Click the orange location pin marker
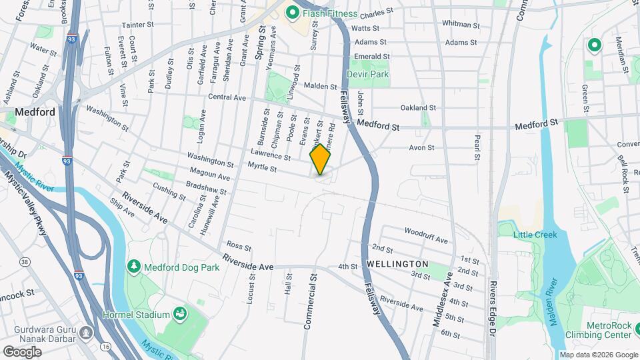(321, 159)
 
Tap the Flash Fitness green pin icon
(291, 13)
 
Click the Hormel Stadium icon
(179, 313)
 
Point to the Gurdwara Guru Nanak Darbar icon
(86, 331)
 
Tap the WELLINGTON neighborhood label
(397, 265)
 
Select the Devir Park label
(372, 75)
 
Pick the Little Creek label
(535, 235)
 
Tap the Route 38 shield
(25, 262)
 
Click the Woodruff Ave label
(426, 235)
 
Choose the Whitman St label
(457, 23)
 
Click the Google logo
(22, 351)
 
